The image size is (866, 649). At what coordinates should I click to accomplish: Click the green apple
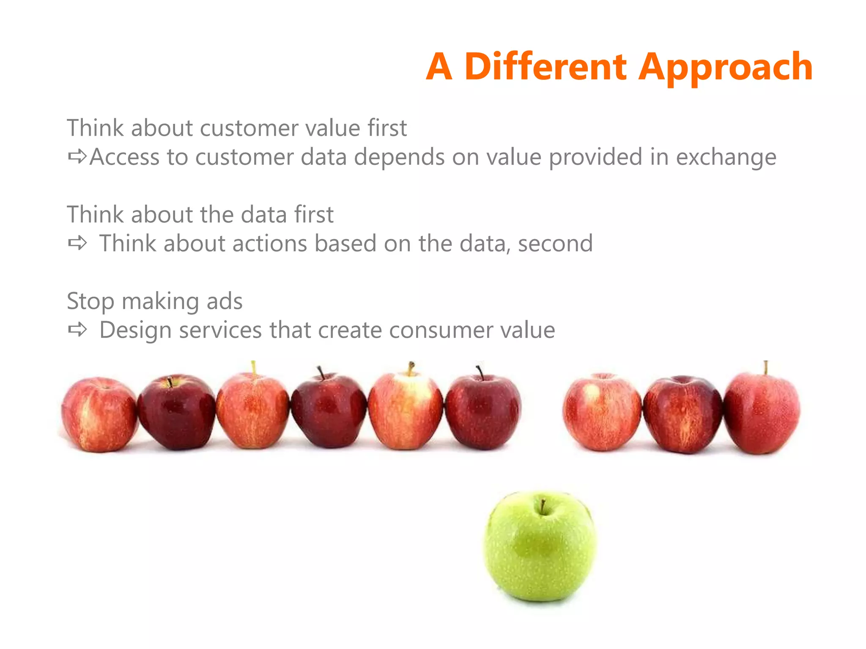pyautogui.click(x=540, y=547)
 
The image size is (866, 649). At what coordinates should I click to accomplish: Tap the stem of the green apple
pyautogui.click(x=543, y=506)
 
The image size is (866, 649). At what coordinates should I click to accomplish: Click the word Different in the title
pyautogui.click(x=545, y=67)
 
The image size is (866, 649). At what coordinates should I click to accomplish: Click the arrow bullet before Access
pyautogui.click(x=77, y=157)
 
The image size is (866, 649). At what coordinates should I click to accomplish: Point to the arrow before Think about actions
pyautogui.click(x=77, y=243)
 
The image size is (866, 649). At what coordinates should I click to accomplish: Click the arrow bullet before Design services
pyautogui.click(x=77, y=330)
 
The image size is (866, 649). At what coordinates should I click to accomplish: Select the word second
pyautogui.click(x=555, y=243)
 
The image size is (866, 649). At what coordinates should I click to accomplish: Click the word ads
pyautogui.click(x=225, y=301)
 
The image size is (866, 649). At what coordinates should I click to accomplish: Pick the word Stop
pyautogui.click(x=90, y=301)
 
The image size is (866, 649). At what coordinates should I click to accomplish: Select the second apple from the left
pyautogui.click(x=176, y=412)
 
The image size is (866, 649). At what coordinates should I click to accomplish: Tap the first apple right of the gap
pyautogui.click(x=602, y=412)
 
